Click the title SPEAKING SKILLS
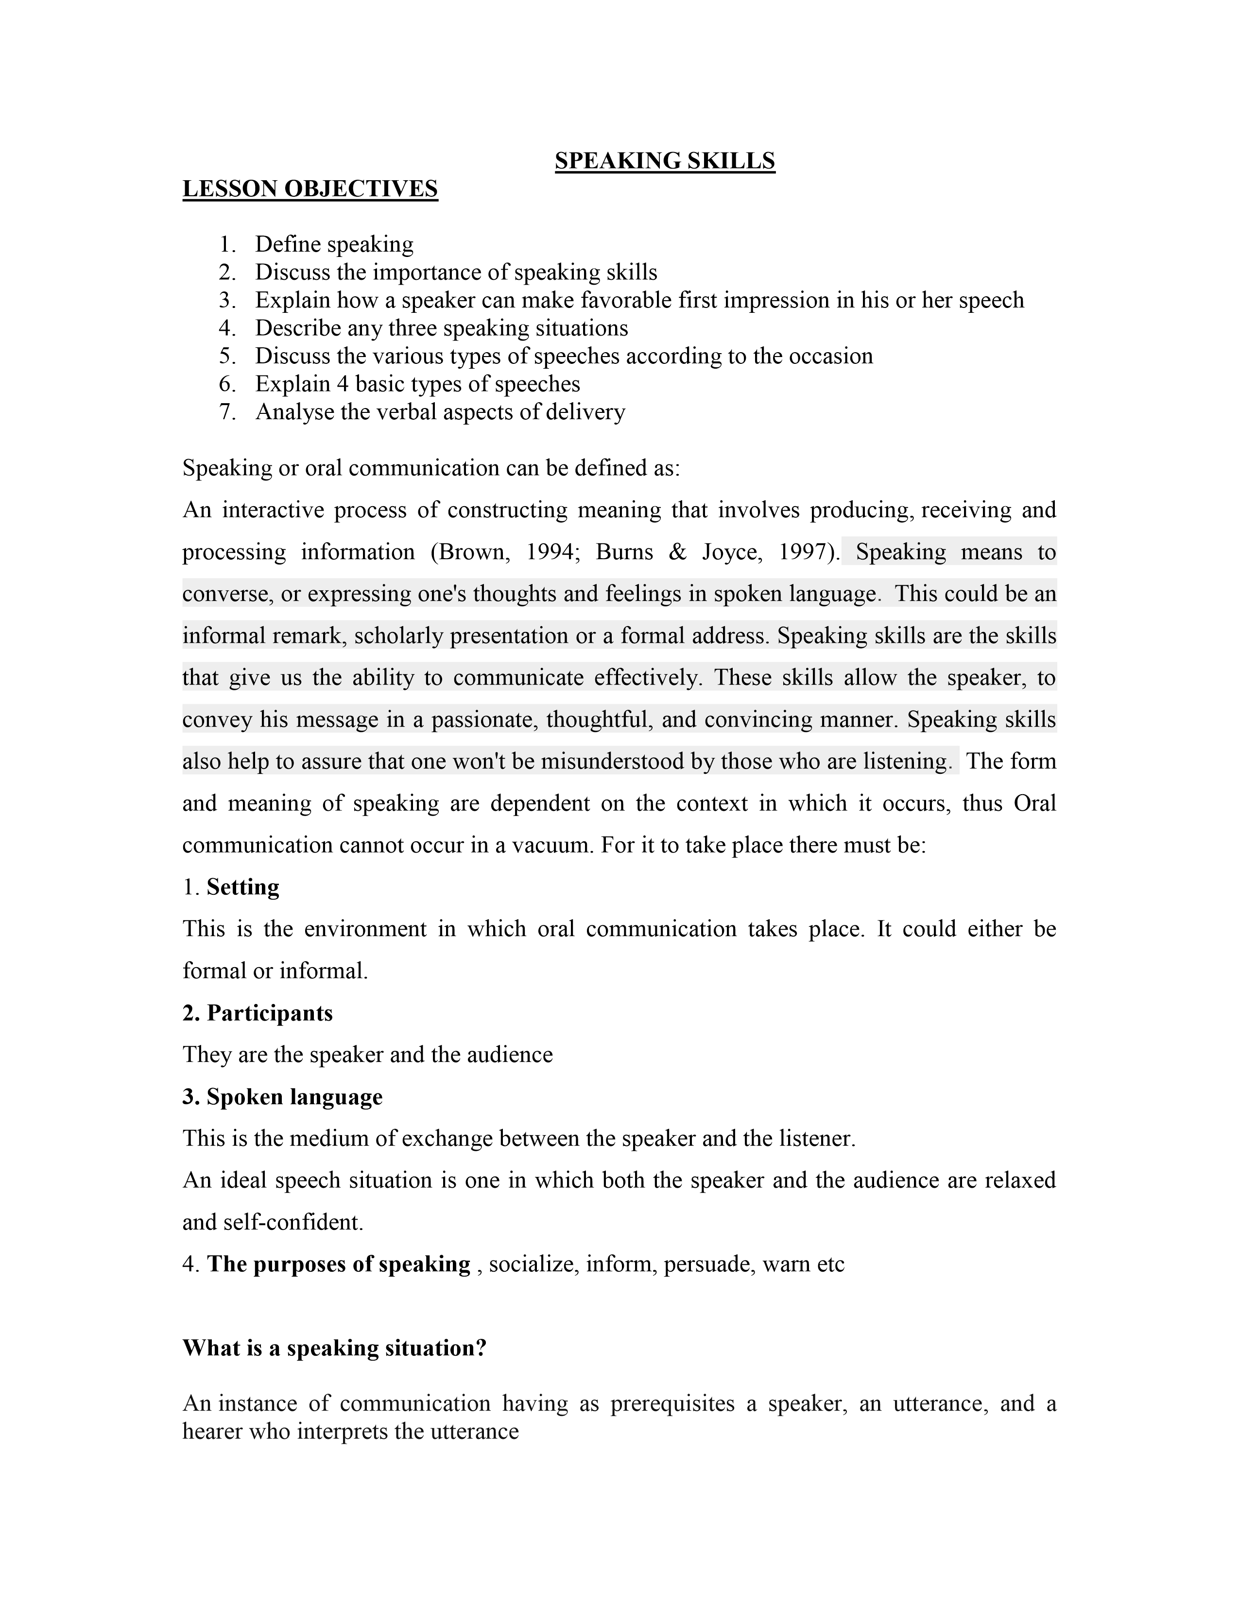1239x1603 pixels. tap(664, 161)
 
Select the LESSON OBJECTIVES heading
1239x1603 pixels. tap(310, 189)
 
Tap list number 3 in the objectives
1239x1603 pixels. tap(227, 300)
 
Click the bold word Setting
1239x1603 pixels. tap(243, 887)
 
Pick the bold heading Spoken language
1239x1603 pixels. tap(294, 1096)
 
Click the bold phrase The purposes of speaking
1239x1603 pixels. tap(338, 1264)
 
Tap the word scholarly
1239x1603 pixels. tap(398, 636)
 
